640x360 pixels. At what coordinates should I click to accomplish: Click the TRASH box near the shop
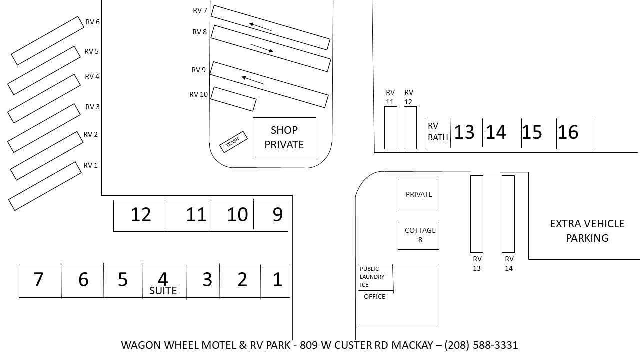click(x=234, y=143)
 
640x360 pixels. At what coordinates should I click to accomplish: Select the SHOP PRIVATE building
click(x=284, y=137)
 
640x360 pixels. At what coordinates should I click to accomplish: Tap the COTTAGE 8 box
click(x=418, y=235)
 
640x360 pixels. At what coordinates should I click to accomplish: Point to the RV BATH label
click(x=438, y=132)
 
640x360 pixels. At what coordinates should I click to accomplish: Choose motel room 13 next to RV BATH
click(x=464, y=133)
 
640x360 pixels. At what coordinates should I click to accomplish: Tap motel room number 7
click(x=38, y=280)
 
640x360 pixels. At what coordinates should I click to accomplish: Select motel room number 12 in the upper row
click(x=140, y=215)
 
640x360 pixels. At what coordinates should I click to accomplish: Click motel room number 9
click(x=277, y=215)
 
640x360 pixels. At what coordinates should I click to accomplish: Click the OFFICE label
click(x=374, y=297)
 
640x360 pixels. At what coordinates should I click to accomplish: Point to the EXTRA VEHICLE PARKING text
click(x=587, y=231)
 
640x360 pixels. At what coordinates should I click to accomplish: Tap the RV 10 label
click(x=199, y=94)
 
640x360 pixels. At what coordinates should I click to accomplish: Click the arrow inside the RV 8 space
click(x=261, y=48)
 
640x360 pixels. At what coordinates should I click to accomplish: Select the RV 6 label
click(x=93, y=22)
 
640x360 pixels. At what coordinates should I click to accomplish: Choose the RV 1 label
click(x=90, y=165)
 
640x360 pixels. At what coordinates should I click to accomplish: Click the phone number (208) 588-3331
click(x=481, y=345)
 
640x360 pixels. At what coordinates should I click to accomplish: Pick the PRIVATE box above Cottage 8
click(x=418, y=194)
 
